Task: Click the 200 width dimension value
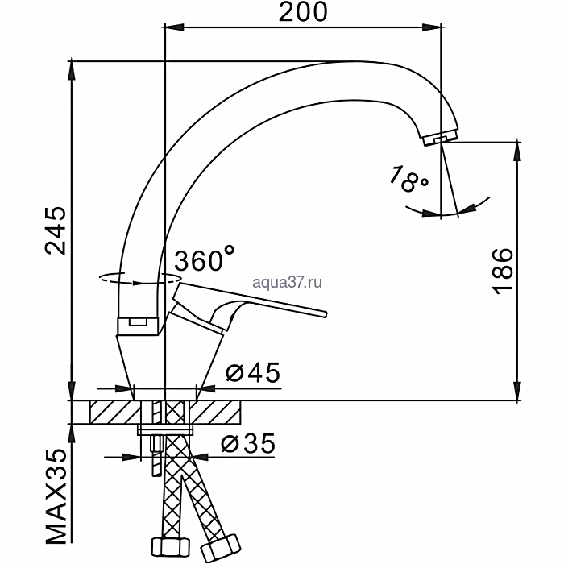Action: click(303, 12)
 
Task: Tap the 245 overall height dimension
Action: click(56, 230)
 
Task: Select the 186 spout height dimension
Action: click(502, 272)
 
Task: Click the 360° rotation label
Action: click(205, 258)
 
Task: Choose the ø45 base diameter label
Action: click(252, 372)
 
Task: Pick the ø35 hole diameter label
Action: click(248, 443)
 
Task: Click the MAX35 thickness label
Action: click(56, 497)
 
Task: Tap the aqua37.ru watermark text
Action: click(287, 282)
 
